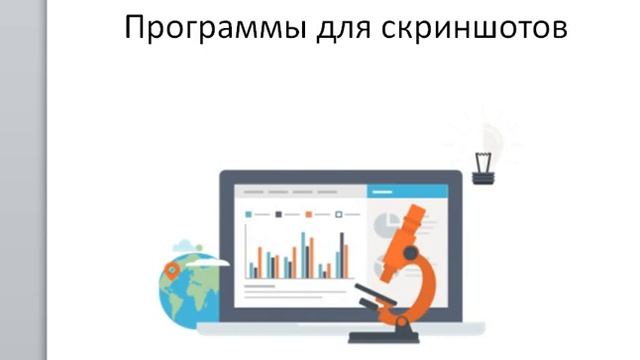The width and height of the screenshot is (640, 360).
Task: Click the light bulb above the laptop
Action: pos(488,141)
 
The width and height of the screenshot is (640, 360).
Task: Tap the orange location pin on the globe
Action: pos(172,269)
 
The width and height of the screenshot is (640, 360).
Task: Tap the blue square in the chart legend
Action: pos(248,214)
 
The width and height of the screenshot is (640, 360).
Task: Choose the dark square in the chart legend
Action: pos(278,214)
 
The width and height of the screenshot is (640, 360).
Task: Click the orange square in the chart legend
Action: pos(308,214)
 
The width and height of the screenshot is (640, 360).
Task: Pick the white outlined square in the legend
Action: pos(338,214)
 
